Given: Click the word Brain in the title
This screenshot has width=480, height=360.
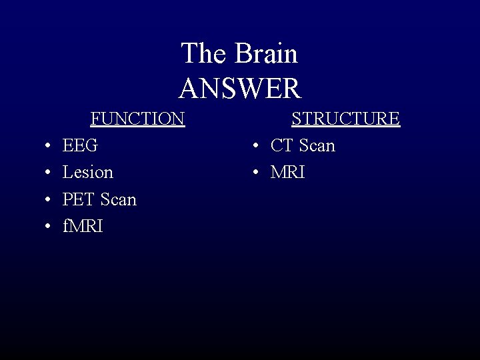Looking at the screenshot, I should [266, 54].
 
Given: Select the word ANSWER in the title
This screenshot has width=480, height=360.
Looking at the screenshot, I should [240, 88].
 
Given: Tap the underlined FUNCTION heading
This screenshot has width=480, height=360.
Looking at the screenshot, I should [137, 119].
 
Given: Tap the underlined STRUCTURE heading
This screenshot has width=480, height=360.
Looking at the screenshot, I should [345, 119].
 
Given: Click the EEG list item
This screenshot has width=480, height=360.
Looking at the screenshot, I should [80, 145].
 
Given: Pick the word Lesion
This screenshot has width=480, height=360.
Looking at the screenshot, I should [87, 173].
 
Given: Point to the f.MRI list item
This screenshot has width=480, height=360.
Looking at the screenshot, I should [83, 227].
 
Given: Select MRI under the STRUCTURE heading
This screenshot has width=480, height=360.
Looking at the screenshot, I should [287, 173].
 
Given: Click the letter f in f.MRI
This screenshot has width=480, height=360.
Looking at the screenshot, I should [65, 227].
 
